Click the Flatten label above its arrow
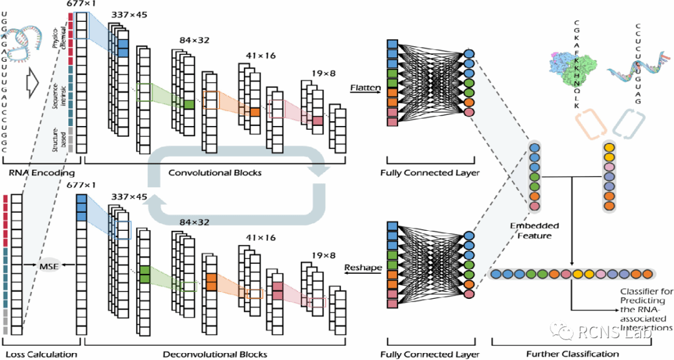click(365, 88)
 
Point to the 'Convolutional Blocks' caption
click(215, 173)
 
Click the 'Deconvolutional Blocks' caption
click(215, 354)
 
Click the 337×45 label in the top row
click(129, 15)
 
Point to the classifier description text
click(646, 309)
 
